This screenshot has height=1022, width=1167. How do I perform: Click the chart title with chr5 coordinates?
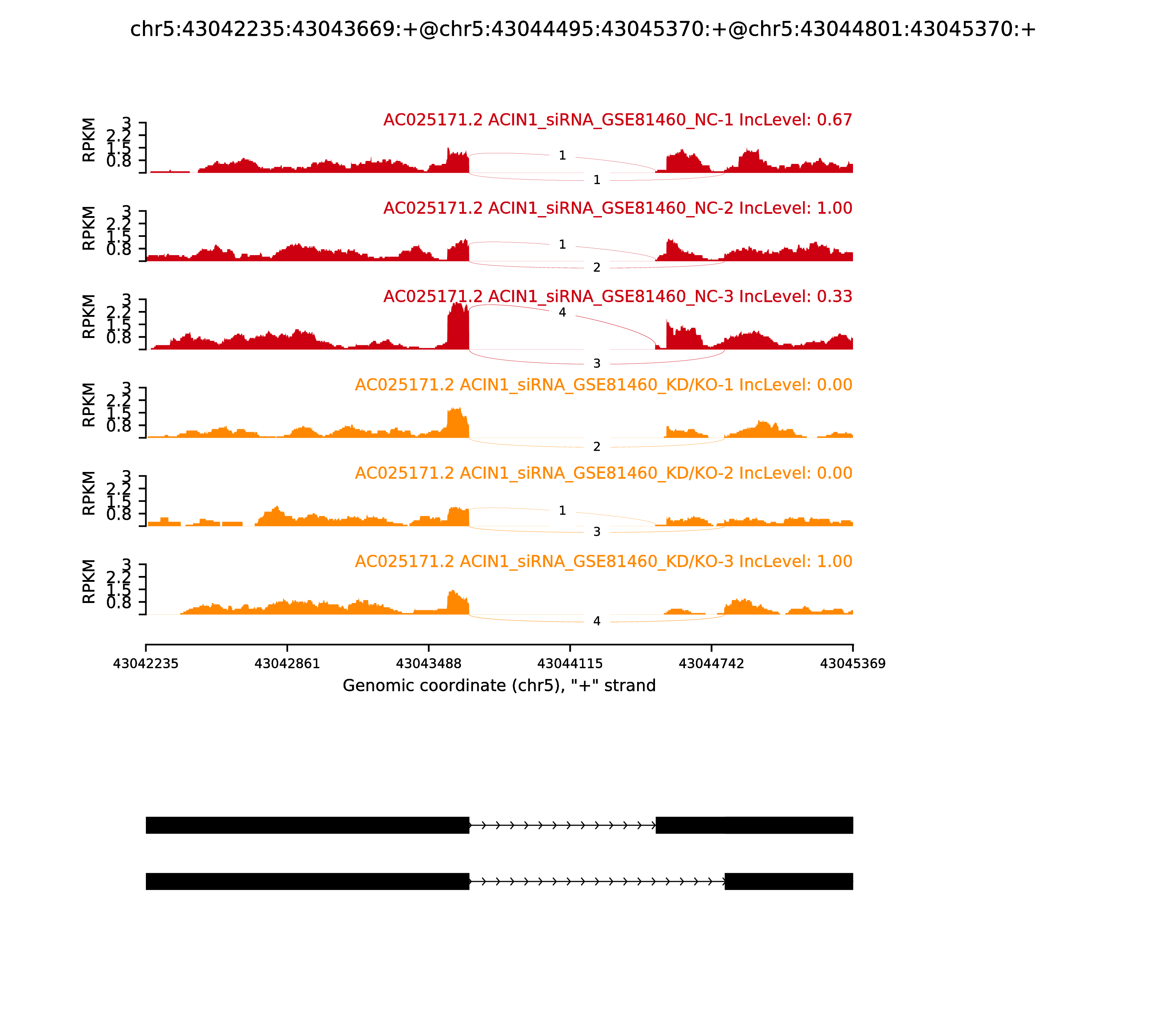coord(583,29)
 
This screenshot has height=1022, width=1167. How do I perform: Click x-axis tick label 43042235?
coord(146,664)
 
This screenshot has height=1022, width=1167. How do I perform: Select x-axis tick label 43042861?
coord(287,664)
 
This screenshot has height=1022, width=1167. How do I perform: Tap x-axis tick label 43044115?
coord(570,664)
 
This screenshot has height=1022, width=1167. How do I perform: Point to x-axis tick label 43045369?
coord(853,664)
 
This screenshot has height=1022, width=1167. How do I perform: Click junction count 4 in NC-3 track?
coord(562,312)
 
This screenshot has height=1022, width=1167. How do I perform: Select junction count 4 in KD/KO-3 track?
coord(597,621)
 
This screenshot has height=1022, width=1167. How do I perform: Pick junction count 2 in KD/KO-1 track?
coord(597,446)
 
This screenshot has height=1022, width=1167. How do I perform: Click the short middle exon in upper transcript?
coord(690,825)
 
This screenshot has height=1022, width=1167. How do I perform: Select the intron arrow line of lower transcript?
coord(597,882)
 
